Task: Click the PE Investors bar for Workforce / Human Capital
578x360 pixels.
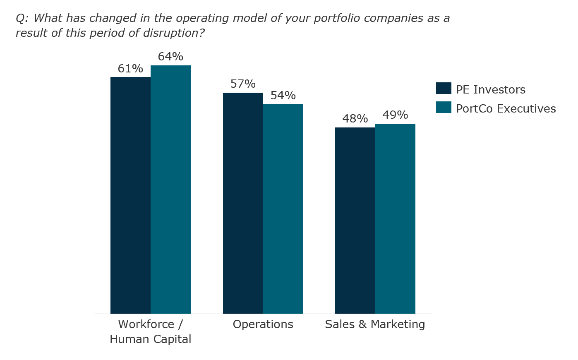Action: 130,195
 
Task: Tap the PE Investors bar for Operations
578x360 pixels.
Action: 243,203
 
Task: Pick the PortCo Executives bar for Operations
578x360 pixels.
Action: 283,209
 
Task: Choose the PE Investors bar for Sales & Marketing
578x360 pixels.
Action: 355,220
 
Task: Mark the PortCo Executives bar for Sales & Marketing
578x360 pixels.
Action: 395,218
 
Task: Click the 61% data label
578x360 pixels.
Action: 130,69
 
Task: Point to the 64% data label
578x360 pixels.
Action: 170,57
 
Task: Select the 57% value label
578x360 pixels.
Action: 243,84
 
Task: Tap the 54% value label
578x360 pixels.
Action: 283,96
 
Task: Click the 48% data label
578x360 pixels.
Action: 355,119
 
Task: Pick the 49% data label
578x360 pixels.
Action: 395,115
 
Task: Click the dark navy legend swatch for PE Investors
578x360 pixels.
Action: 444,89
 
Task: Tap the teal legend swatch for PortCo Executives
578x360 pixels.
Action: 444,108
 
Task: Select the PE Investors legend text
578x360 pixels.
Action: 491,89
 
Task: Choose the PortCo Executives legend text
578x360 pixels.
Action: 506,108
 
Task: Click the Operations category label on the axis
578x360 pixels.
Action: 263,324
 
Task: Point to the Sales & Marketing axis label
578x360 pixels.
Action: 375,324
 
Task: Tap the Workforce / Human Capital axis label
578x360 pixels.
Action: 151,331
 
